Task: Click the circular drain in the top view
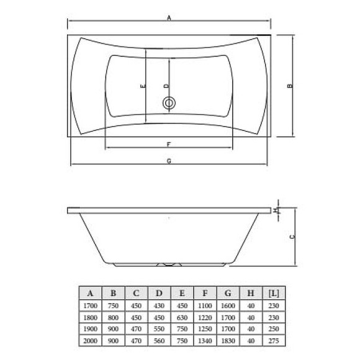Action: coord(169,104)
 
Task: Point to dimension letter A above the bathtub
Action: coord(169,18)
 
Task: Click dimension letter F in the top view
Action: coord(169,145)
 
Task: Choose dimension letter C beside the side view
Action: coord(292,236)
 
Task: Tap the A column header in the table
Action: coord(91,292)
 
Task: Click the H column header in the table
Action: coord(250,292)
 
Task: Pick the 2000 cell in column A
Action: coord(91,341)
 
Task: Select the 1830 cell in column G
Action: coord(227,341)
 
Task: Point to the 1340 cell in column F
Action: coord(204,341)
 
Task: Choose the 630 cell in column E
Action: coord(182,317)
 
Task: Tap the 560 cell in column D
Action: coord(159,341)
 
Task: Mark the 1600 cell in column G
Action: coord(227,305)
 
